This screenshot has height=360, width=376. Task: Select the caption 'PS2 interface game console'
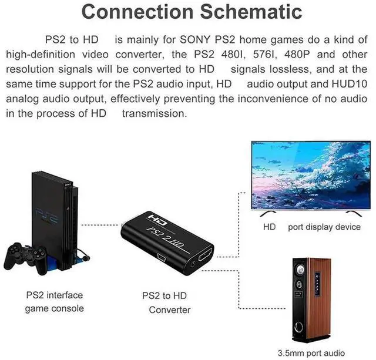pos(54,301)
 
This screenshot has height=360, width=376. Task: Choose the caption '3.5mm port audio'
pos(312,352)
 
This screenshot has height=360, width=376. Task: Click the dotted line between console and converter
pos(100,224)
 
